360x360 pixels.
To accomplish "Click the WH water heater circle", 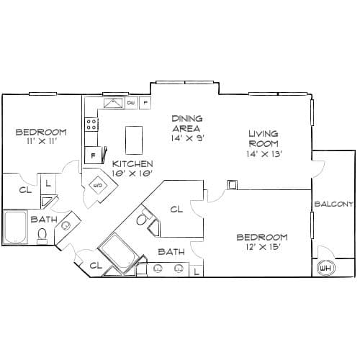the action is (x=325, y=268).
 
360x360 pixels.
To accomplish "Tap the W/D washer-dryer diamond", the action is (x=98, y=185).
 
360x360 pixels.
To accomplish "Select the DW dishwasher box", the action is (x=131, y=103).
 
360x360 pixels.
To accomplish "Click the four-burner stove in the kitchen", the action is (x=91, y=125).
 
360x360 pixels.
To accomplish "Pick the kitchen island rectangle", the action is (x=134, y=140).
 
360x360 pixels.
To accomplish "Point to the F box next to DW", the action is (x=145, y=103).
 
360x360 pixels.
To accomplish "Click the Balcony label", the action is (x=334, y=204).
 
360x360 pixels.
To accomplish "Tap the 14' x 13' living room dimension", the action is (x=264, y=154).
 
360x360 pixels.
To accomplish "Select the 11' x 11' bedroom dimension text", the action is (x=42, y=141).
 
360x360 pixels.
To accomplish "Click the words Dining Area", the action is (x=187, y=123).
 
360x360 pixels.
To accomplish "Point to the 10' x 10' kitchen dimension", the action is (x=132, y=173).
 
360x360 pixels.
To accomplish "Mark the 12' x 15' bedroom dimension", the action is (x=264, y=247).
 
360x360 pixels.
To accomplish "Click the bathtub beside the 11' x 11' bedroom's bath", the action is (x=14, y=228).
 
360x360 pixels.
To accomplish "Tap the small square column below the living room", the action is (x=233, y=185).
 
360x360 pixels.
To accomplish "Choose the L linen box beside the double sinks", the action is (x=197, y=271).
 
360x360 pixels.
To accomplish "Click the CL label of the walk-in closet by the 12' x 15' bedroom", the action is (x=176, y=210).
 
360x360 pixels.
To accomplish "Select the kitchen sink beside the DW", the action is (x=113, y=103).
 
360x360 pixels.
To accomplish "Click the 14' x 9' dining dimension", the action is (x=188, y=138).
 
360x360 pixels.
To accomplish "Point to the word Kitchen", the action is (x=132, y=164).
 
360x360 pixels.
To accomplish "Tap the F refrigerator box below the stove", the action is (x=93, y=156).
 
